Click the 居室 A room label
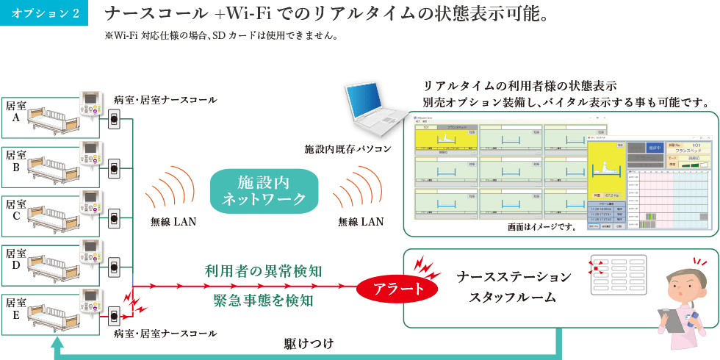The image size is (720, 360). click(16, 111)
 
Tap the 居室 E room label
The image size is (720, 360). click(16, 308)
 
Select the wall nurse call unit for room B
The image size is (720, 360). click(114, 168)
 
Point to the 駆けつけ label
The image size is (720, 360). click(309, 343)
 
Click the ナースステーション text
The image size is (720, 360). click(514, 277)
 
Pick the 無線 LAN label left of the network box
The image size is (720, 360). click(173, 221)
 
